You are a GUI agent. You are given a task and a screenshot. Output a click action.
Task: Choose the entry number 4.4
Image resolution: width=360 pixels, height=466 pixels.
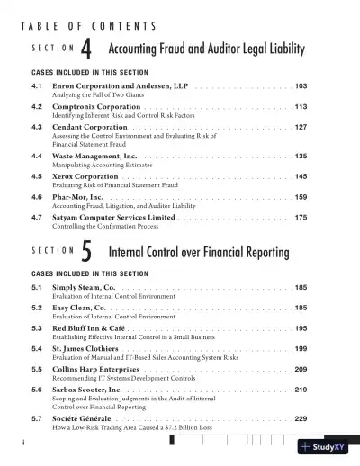[x=38, y=156]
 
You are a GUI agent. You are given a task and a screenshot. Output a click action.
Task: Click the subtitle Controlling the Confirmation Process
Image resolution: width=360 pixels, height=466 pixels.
[x=104, y=227]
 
